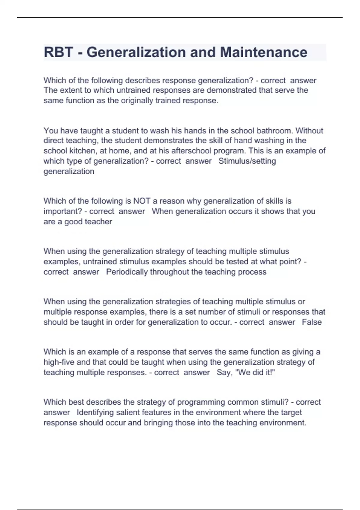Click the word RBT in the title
pyautogui.click(x=58, y=52)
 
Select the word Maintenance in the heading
pyautogui.click(x=264, y=52)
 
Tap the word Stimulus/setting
pyautogui.click(x=247, y=161)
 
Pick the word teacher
pyautogui.click(x=98, y=222)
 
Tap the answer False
pyautogui.click(x=312, y=322)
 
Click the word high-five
pyautogui.click(x=59, y=362)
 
